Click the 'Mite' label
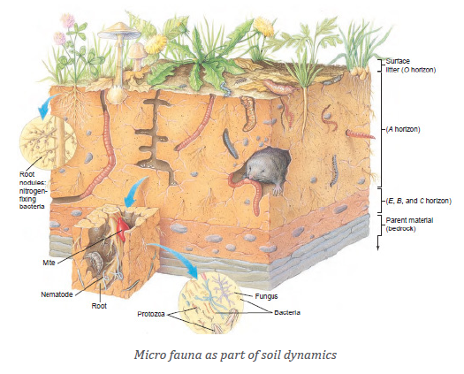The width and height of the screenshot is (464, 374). tap(49, 263)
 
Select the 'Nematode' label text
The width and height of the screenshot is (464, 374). tap(57, 294)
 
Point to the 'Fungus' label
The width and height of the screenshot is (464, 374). tap(266, 296)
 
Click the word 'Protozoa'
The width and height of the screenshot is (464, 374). tap(151, 314)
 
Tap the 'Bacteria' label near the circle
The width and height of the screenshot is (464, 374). tap(287, 312)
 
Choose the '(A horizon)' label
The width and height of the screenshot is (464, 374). tap(403, 129)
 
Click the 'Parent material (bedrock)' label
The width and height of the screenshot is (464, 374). tap(409, 225)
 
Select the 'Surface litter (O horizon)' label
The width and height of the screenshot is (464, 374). tap(411, 65)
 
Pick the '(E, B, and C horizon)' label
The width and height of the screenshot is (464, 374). tap(418, 201)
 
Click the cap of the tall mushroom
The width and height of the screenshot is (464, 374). tap(119, 31)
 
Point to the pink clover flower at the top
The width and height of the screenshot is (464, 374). tap(68, 20)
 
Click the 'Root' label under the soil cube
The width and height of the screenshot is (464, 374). tap(99, 306)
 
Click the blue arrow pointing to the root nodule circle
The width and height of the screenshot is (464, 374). tap(47, 106)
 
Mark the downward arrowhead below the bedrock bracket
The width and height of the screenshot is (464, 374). tap(378, 248)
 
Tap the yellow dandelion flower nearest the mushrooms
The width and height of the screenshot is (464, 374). tap(156, 44)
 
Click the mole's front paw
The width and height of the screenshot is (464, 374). tap(277, 189)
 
